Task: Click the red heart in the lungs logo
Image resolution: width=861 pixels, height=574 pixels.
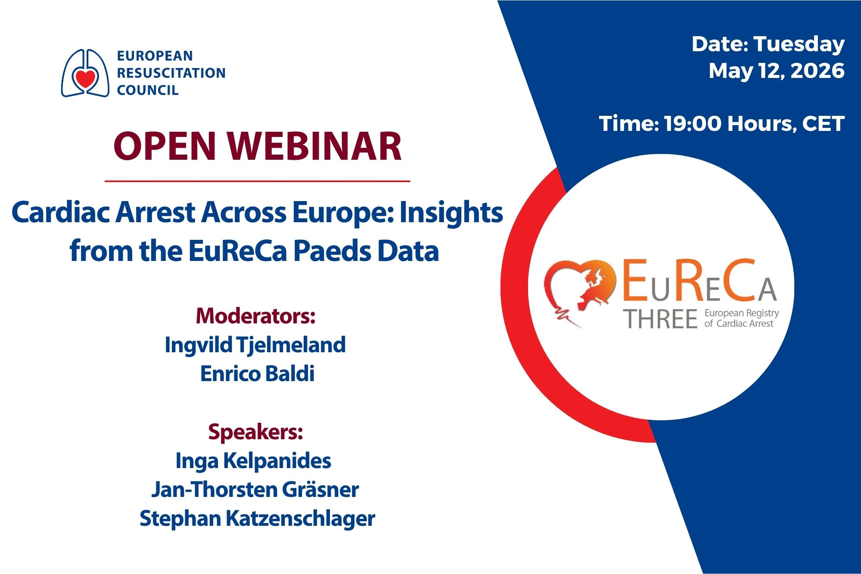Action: tap(85, 79)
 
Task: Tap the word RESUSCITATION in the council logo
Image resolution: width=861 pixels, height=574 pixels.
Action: tap(171, 73)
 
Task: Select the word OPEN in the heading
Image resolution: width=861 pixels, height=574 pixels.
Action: tap(164, 146)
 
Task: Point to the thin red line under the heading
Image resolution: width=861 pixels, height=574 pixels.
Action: tap(257, 181)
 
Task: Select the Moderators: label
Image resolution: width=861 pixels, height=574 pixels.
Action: tap(256, 316)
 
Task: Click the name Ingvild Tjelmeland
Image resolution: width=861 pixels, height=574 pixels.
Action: tap(255, 345)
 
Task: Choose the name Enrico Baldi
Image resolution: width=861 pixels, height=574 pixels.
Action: tap(257, 373)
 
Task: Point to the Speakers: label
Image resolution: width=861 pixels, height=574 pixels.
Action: tap(255, 431)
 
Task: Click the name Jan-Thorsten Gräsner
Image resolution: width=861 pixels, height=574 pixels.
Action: tap(255, 490)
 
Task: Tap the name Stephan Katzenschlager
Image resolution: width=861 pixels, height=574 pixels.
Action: tap(257, 518)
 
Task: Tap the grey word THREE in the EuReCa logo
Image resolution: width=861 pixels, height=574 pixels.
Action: tap(661, 319)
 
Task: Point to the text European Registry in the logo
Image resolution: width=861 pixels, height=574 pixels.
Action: tap(742, 313)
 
